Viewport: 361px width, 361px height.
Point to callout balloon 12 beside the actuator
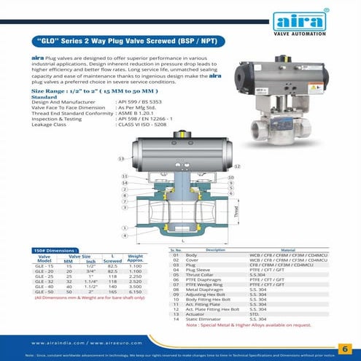(238, 167)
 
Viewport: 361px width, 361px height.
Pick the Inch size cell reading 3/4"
(90, 271)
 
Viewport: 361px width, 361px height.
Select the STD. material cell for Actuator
(255, 314)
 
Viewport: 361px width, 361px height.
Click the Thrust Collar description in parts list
(199, 275)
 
